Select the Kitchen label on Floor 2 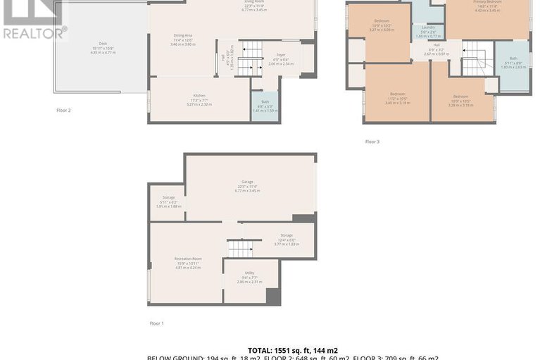click(x=199, y=99)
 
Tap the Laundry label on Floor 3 click(x=428, y=30)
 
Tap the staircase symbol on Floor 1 click(x=239, y=248)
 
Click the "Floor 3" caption click(x=372, y=142)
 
